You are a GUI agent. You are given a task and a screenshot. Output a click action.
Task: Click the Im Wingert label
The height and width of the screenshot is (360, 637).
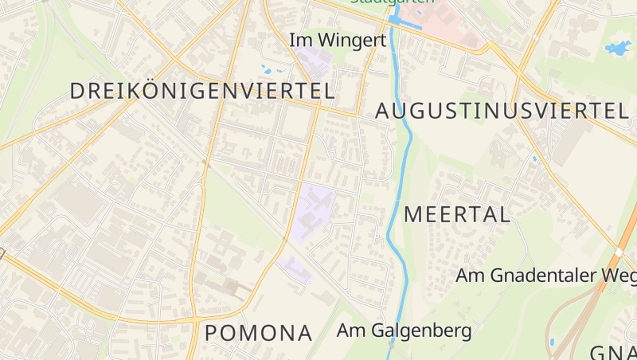(x=338, y=39)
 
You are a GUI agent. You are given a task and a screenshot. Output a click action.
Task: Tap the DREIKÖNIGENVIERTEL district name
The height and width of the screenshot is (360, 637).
(x=202, y=91)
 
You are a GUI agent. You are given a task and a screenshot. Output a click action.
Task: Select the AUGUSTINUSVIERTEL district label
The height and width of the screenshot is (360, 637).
(x=502, y=111)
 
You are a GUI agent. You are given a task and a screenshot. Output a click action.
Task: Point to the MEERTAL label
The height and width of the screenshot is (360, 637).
(x=457, y=213)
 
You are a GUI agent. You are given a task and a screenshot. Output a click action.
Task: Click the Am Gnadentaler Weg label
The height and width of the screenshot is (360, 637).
(x=545, y=276)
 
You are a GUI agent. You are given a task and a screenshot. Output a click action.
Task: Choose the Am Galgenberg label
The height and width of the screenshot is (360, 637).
(x=404, y=329)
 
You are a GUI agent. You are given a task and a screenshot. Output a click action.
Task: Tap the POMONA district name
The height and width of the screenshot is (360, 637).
(x=258, y=333)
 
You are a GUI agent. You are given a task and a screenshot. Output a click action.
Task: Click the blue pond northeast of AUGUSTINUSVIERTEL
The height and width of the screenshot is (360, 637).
(x=618, y=48)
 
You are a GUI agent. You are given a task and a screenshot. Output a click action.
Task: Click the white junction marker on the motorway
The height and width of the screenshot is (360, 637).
(x=619, y=252)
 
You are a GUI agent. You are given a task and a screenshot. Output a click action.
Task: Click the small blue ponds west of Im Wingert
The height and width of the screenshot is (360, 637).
(x=266, y=69)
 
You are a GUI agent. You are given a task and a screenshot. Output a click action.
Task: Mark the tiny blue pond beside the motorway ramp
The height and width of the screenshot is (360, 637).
(x=551, y=342)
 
